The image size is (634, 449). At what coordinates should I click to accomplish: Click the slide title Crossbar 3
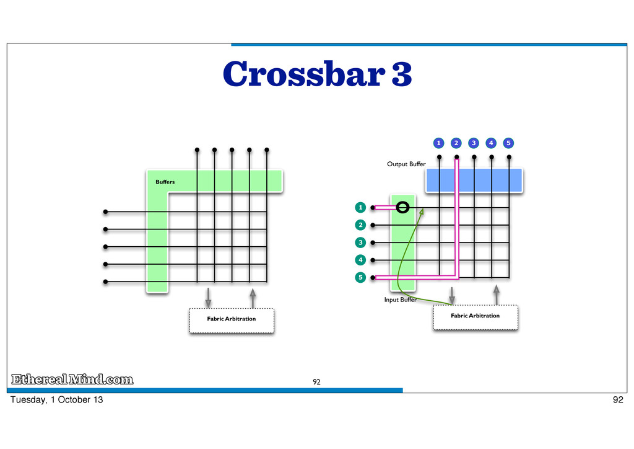pyautogui.click(x=317, y=75)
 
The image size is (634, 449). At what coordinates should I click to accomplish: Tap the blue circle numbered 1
pyautogui.click(x=438, y=143)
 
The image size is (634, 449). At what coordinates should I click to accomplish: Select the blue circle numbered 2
pyautogui.click(x=456, y=143)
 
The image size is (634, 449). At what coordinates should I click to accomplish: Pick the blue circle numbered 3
pyautogui.click(x=474, y=143)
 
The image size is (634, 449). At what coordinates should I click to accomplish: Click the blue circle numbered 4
pyautogui.click(x=491, y=143)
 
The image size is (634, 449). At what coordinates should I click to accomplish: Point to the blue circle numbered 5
pyautogui.click(x=508, y=143)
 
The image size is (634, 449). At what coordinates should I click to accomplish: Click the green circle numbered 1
pyautogui.click(x=359, y=207)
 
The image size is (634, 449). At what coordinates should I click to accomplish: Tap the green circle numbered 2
pyautogui.click(x=359, y=225)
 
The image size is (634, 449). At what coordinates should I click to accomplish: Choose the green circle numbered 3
pyautogui.click(x=359, y=242)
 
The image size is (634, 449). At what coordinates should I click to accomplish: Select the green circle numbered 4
pyautogui.click(x=359, y=260)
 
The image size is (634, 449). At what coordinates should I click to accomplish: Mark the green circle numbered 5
pyautogui.click(x=359, y=277)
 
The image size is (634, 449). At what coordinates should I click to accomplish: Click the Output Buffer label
pyautogui.click(x=406, y=164)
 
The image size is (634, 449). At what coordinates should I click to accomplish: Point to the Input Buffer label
pyautogui.click(x=400, y=300)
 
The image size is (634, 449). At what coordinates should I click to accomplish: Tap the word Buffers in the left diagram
pyautogui.click(x=165, y=182)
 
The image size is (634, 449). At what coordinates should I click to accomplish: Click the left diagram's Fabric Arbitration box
pyautogui.click(x=231, y=319)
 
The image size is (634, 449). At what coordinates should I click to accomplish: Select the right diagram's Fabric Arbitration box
pyautogui.click(x=475, y=316)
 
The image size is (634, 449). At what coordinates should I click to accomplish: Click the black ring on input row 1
pyautogui.click(x=403, y=207)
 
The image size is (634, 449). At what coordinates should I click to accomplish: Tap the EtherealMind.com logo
pyautogui.click(x=72, y=380)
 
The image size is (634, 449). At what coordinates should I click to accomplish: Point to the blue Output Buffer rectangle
pyautogui.click(x=474, y=180)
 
